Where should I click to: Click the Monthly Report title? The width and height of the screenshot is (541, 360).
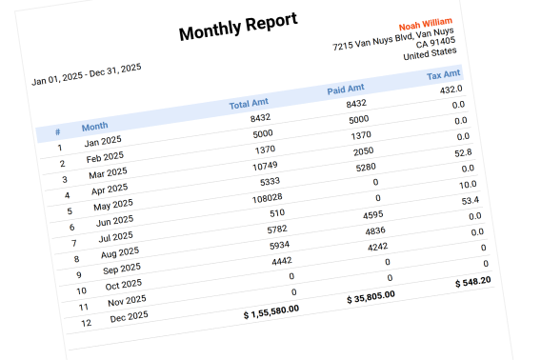tap(238, 28)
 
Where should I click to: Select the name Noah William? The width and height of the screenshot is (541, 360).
tap(426, 23)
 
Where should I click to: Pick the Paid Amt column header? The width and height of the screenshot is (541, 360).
tap(346, 89)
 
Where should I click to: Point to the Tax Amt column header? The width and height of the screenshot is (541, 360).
tap(443, 75)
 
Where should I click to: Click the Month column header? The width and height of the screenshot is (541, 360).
tap(94, 126)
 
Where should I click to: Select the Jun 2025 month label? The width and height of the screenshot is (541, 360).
tap(116, 220)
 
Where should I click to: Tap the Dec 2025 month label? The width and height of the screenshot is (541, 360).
tap(129, 315)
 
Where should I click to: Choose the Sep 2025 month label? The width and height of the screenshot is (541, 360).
tap(122, 268)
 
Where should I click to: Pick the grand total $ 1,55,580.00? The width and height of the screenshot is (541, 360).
tap(271, 310)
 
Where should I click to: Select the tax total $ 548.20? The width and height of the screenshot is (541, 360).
tap(472, 281)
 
